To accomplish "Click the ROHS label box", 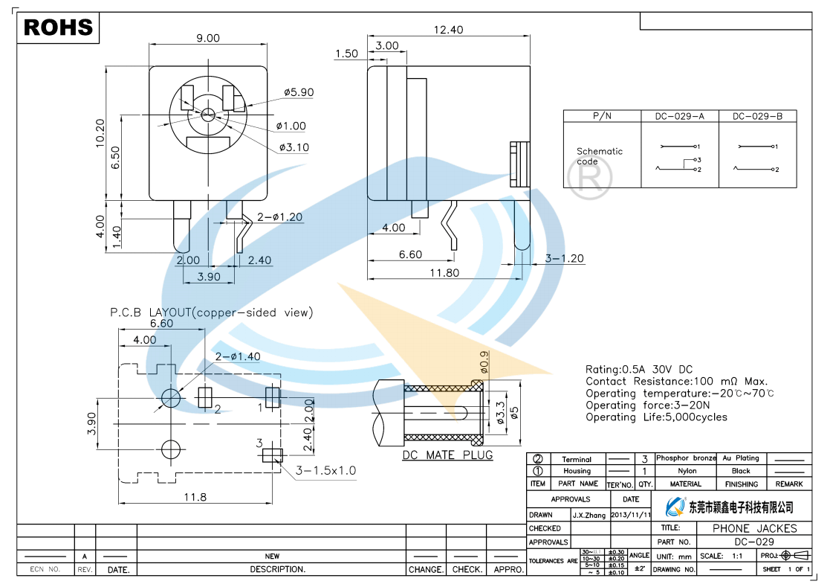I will tap(59, 28).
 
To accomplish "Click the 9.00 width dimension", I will tap(208, 38).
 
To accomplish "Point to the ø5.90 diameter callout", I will tap(299, 92).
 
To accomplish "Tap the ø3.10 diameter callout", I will tap(294, 147).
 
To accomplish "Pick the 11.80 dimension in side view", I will tap(444, 273).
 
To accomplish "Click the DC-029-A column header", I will tap(679, 117).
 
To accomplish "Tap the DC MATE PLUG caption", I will tap(447, 455).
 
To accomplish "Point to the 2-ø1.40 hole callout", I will tap(238, 356).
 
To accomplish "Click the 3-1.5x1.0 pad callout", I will tap(326, 470).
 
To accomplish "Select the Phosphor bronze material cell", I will tap(685, 458).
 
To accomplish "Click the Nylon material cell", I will tap(687, 471).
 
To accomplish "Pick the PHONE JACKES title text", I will tap(754, 528).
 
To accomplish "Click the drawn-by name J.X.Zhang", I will tap(589, 515).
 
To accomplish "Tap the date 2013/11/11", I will tap(630, 515).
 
